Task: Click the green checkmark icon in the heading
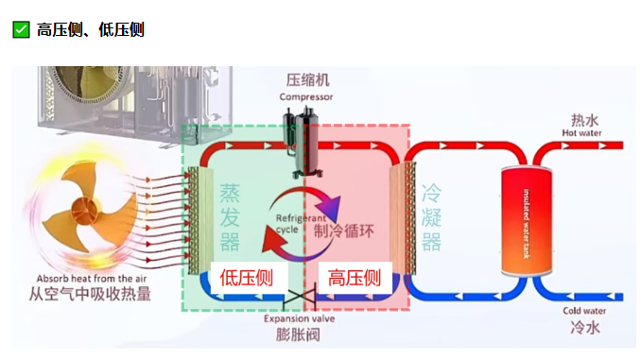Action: (21, 30)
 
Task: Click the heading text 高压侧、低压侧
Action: (91, 30)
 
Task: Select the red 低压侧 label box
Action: (247, 278)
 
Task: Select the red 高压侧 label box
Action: (354, 278)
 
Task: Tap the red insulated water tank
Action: (526, 216)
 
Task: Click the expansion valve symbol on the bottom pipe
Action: (304, 301)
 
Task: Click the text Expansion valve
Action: (302, 318)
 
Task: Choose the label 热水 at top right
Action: (584, 120)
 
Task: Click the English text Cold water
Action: (583, 311)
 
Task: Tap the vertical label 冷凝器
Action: (431, 217)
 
